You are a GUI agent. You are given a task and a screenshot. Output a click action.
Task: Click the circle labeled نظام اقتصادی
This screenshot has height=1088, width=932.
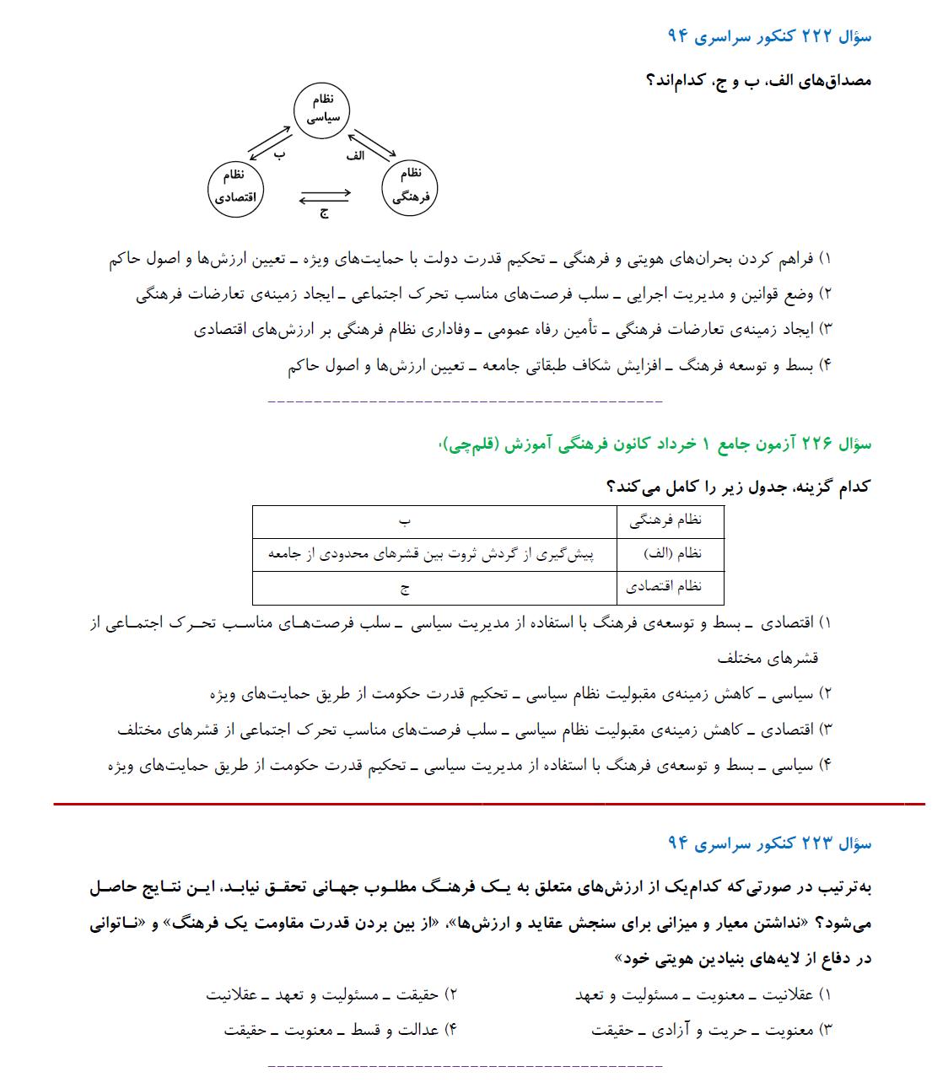235,187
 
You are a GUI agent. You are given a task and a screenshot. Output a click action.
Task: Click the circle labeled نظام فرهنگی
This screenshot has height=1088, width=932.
411,186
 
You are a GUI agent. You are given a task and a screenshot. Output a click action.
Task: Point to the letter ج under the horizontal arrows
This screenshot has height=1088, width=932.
324,213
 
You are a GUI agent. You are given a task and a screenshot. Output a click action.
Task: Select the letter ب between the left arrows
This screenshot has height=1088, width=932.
280,155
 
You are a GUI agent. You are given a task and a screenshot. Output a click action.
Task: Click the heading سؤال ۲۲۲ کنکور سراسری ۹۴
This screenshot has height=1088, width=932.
769,36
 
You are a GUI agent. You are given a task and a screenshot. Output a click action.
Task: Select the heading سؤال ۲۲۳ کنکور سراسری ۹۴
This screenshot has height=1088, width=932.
769,843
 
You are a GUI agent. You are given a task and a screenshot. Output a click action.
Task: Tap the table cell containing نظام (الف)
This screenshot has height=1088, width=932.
671,554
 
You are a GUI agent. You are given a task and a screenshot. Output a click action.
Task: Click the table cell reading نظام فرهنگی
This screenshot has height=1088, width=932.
671,521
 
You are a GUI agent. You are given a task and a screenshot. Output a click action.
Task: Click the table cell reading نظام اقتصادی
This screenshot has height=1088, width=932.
671,588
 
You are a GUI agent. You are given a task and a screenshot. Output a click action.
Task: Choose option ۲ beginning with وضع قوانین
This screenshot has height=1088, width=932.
484,294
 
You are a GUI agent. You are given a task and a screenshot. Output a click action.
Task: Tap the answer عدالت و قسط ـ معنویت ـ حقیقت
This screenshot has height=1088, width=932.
341,1030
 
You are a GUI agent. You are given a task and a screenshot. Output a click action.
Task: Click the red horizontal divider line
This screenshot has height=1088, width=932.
489,804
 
